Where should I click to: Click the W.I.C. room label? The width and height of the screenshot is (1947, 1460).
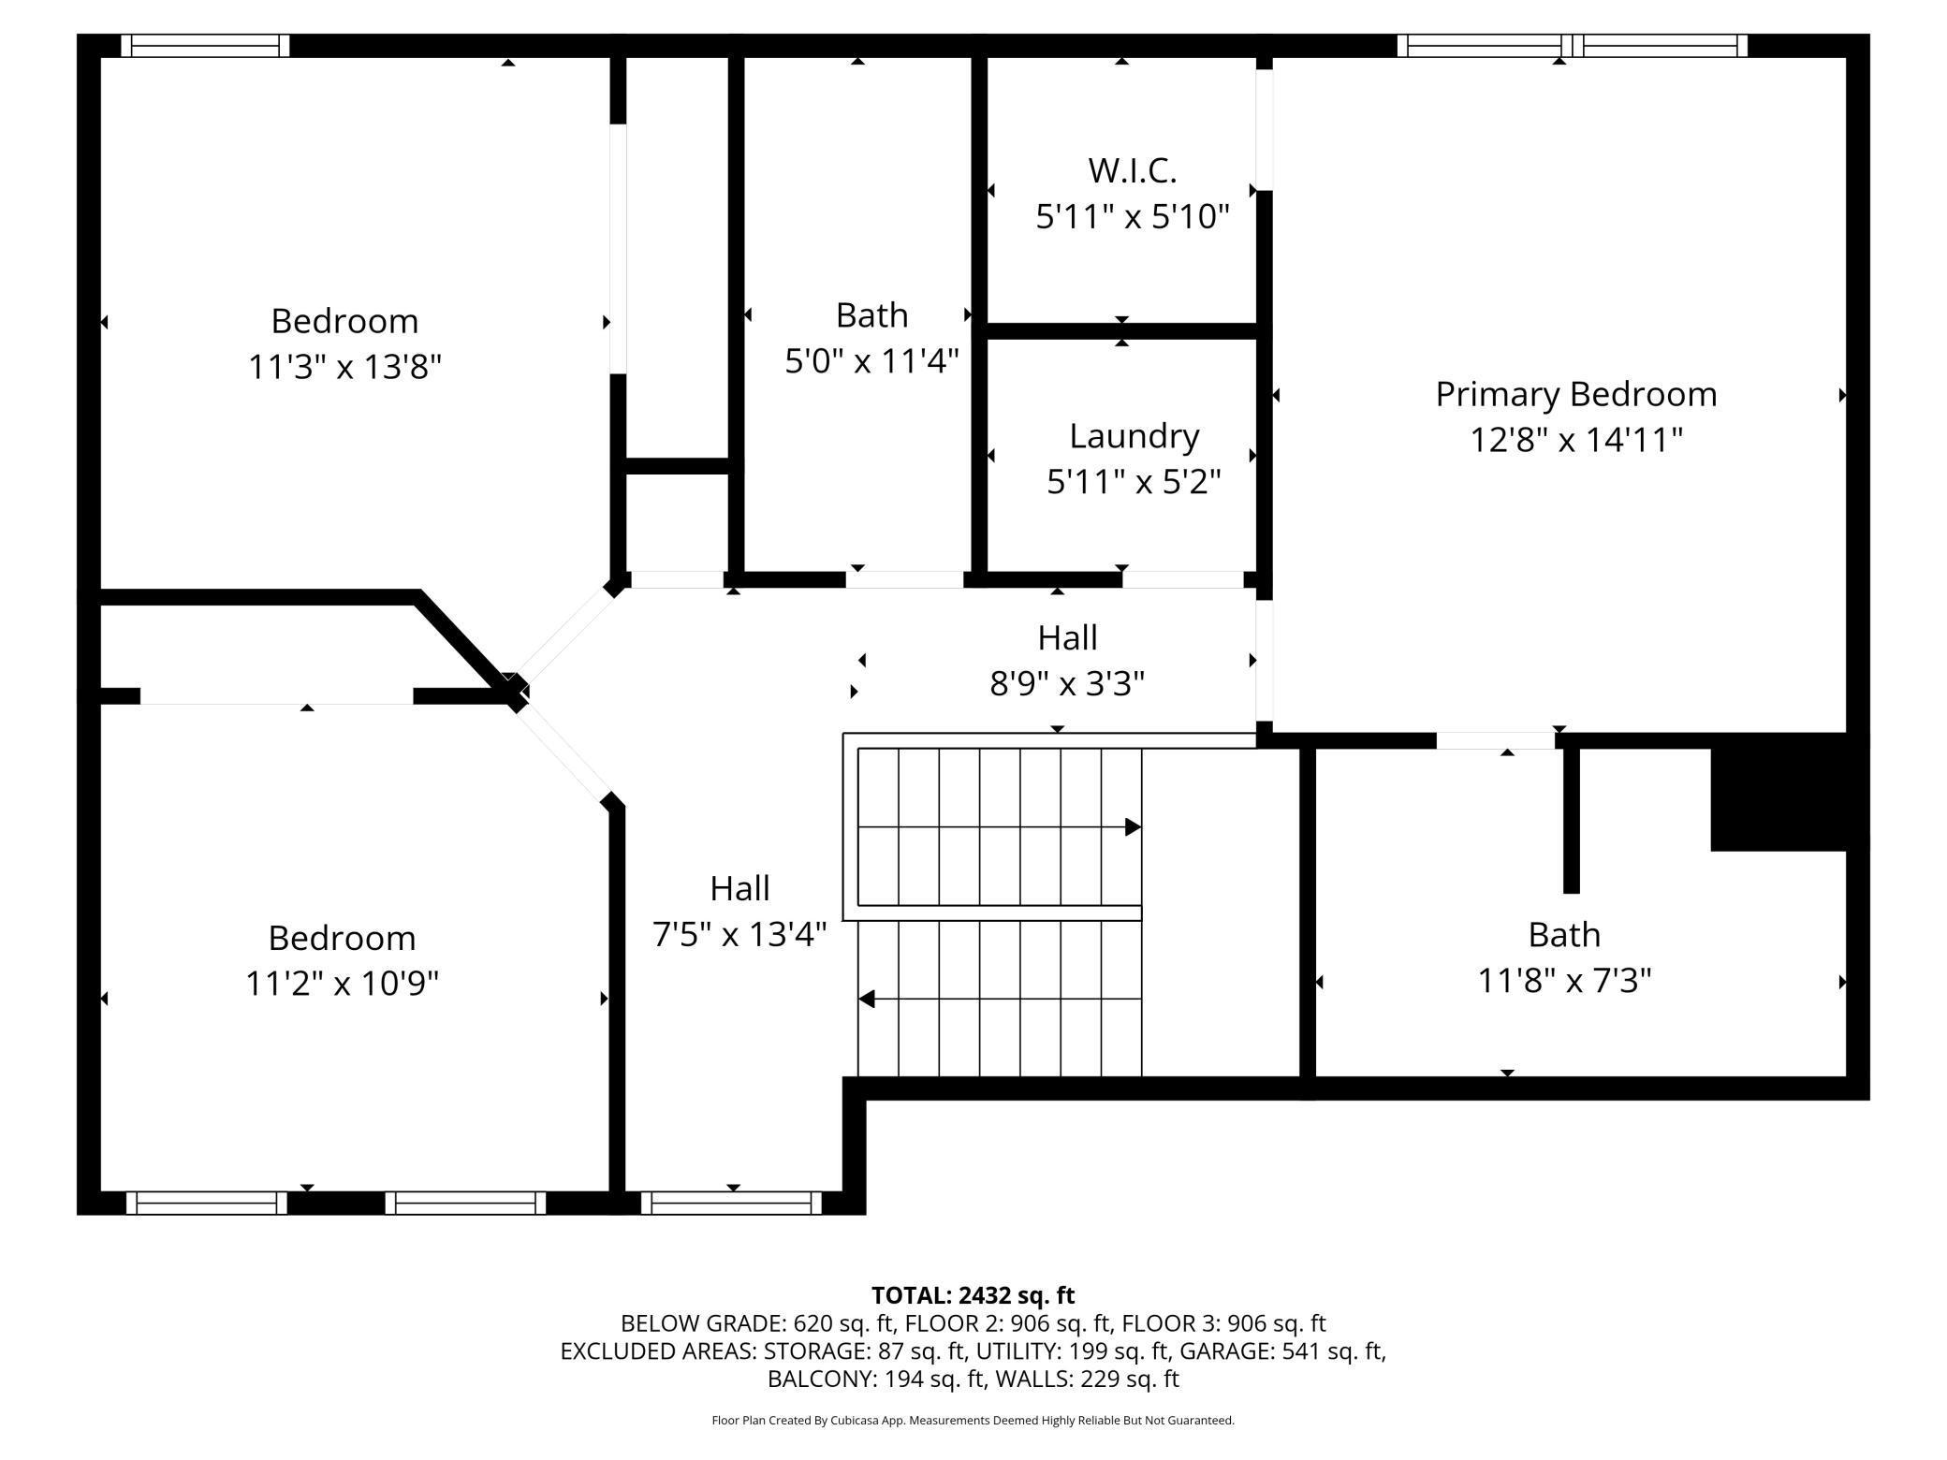(1132, 170)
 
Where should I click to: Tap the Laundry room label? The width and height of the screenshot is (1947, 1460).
(1134, 436)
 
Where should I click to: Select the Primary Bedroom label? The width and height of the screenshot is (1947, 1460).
(1576, 394)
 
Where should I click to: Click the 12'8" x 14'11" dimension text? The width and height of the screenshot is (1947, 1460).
(1576, 439)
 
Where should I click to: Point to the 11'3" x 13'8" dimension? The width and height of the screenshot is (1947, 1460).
(344, 366)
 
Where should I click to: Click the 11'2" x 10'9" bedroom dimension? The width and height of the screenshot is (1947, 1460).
(343, 983)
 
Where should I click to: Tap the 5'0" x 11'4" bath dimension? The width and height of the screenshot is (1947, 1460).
(871, 359)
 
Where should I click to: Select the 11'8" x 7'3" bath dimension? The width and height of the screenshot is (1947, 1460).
(1564, 980)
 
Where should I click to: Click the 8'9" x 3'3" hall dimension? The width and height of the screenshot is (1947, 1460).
(1067, 683)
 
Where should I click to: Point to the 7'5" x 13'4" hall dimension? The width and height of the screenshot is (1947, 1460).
(739, 934)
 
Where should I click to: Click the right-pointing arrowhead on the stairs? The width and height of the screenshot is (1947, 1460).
(1133, 827)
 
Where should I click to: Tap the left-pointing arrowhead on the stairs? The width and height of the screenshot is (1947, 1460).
(867, 999)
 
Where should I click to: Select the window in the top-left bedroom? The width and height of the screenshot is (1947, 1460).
(205, 46)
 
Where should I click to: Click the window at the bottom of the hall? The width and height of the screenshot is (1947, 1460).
(732, 1203)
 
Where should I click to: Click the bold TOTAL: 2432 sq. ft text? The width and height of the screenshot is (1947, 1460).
(973, 1295)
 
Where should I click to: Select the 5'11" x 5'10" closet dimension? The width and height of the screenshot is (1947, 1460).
(1132, 216)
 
